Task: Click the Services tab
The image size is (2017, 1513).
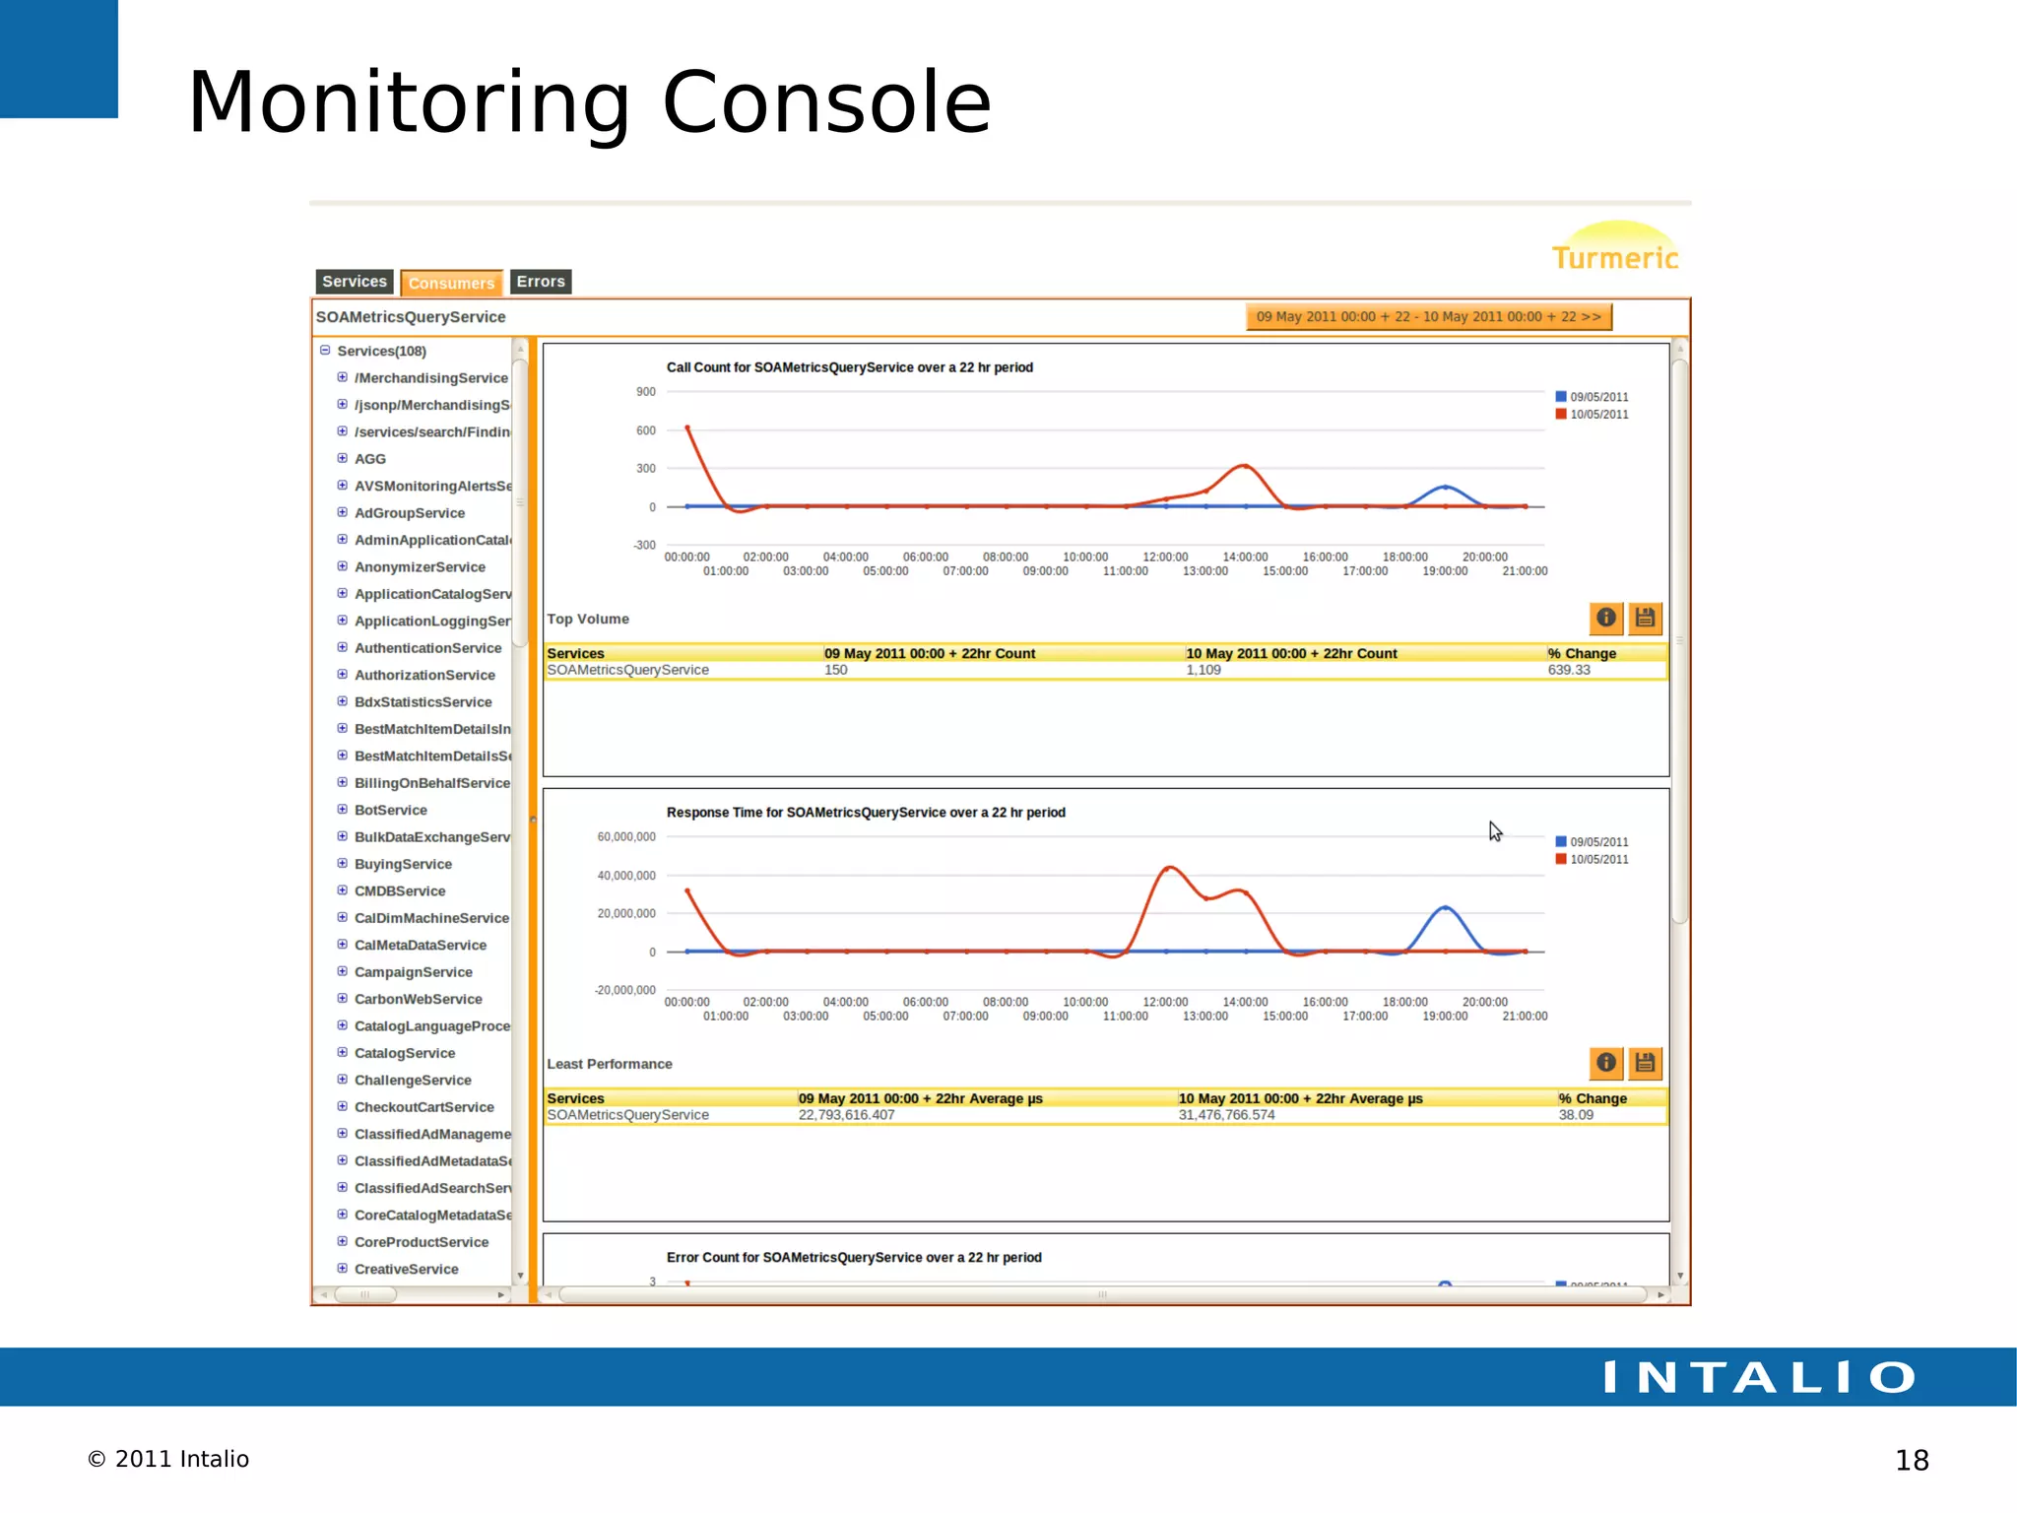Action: point(355,282)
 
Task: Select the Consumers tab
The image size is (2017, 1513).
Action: point(451,283)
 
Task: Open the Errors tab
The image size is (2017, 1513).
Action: point(541,282)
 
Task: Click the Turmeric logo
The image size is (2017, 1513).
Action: point(1615,249)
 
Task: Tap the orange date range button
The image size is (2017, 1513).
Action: point(1428,317)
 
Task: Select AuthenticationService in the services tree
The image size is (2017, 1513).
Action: point(427,648)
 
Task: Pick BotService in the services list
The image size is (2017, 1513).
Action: point(390,810)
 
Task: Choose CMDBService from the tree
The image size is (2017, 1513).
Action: point(399,890)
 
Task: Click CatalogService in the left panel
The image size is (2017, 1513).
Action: point(404,1053)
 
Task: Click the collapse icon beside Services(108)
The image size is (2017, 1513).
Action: point(325,351)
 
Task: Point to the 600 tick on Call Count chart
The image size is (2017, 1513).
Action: point(646,430)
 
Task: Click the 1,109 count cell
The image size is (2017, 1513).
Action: point(1204,670)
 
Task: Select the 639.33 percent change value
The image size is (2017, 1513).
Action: point(1569,670)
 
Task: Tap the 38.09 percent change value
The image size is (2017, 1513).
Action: point(1576,1115)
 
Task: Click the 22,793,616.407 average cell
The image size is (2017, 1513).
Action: point(846,1115)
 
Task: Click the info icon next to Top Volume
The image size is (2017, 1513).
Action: point(1605,618)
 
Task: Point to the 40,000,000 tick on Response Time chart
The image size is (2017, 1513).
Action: point(626,876)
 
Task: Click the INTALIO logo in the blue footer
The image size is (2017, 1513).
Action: point(1759,1377)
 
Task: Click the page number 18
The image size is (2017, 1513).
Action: point(1912,1460)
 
